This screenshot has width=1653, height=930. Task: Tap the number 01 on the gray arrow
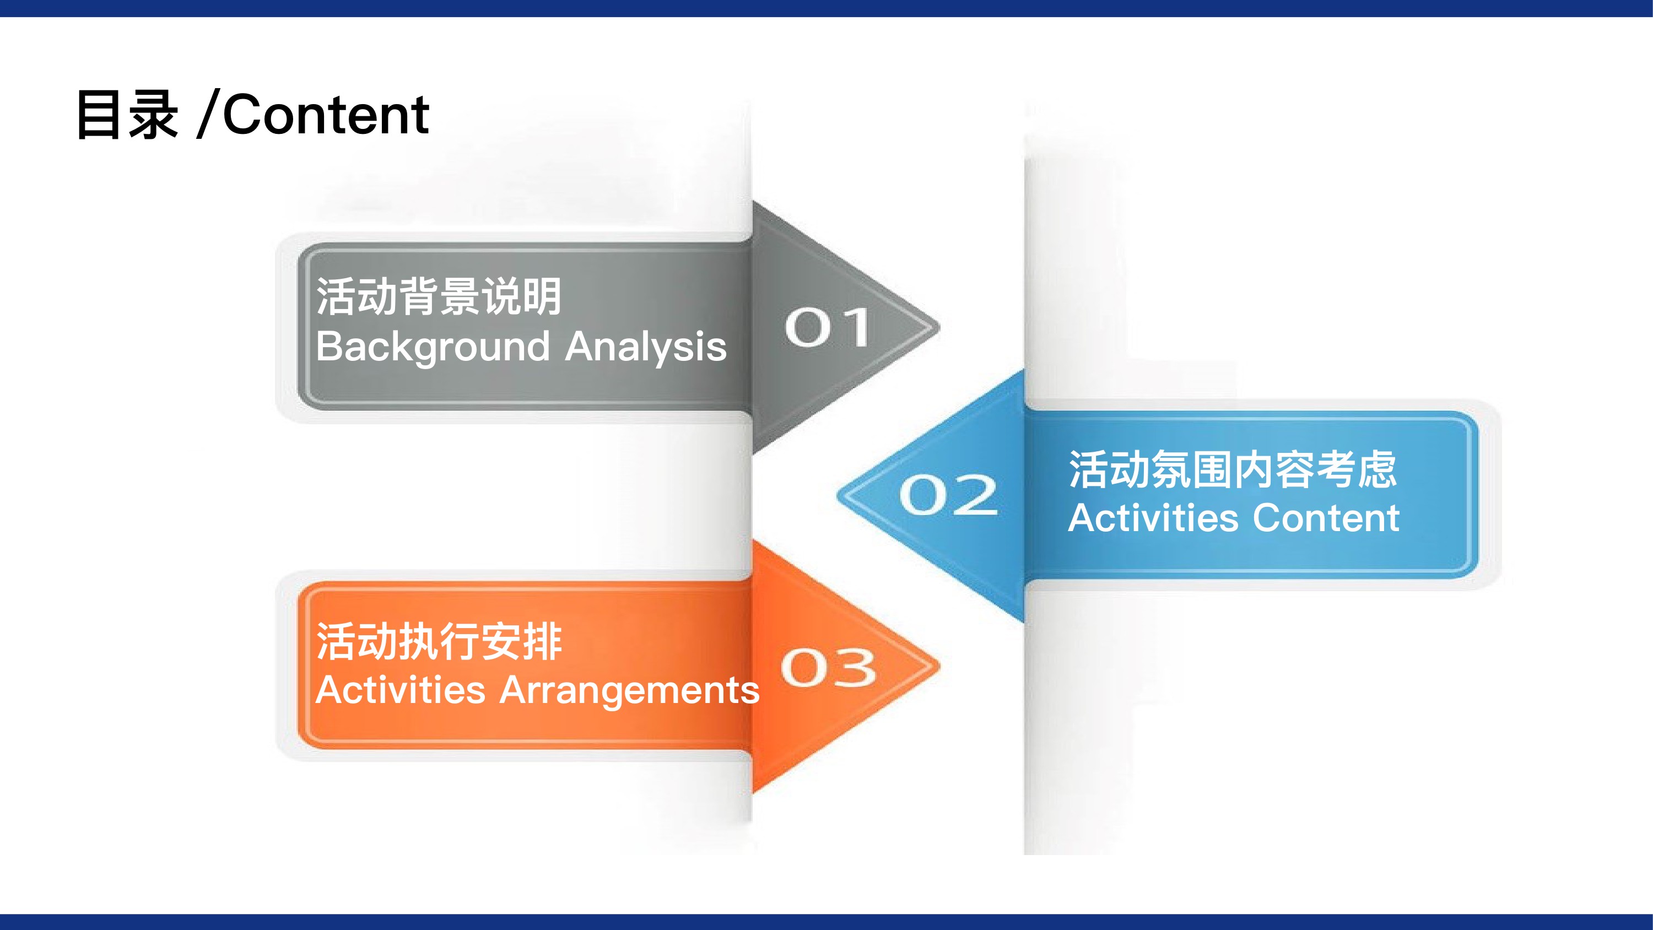tap(828, 327)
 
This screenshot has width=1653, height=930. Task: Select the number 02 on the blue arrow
tap(948, 495)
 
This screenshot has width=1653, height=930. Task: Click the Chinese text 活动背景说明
tap(440, 296)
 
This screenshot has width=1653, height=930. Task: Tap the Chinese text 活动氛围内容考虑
tap(1233, 469)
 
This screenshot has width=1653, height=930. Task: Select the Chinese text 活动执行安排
tap(440, 641)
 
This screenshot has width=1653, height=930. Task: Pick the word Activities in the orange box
tap(401, 690)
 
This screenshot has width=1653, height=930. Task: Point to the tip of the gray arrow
tap(939, 327)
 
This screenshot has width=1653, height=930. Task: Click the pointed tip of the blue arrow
tap(838, 495)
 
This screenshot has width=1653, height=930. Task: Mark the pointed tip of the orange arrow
tap(939, 666)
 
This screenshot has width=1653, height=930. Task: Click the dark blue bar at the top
tap(827, 8)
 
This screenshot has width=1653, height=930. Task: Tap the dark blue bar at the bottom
tap(827, 922)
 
